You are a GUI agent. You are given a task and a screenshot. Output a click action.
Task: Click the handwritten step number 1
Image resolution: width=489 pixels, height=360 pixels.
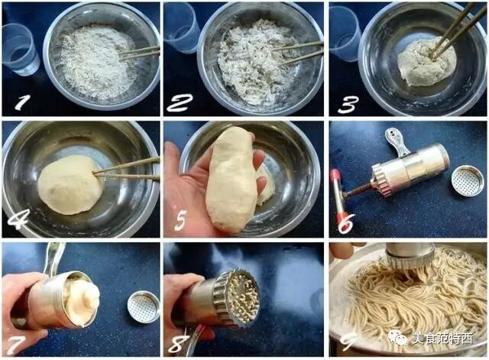tap(22, 102)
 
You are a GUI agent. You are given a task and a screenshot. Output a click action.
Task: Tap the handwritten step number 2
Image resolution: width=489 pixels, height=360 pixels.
tap(180, 102)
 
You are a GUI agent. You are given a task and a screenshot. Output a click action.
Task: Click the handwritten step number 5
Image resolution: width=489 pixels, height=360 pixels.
tap(180, 221)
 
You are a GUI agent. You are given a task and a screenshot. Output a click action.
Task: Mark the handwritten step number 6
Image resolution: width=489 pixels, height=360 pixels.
tap(347, 223)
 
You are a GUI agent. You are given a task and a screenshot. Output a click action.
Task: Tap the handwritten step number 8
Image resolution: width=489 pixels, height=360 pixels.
tap(180, 344)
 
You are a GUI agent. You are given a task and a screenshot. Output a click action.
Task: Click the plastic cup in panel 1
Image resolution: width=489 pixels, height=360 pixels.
tap(21, 49)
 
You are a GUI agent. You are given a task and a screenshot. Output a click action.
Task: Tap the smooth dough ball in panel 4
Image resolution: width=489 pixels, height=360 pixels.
tap(70, 185)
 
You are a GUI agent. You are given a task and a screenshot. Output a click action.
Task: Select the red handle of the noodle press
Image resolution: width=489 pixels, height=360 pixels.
tap(338, 195)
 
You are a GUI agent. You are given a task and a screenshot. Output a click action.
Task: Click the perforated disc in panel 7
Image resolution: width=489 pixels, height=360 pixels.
tap(144, 306)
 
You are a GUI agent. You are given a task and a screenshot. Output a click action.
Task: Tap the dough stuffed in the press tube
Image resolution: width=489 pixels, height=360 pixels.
tap(82, 300)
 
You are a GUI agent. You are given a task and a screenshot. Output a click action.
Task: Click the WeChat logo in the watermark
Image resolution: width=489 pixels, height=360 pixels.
tap(397, 338)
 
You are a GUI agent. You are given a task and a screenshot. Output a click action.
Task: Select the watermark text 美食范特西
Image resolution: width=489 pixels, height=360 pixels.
tap(442, 339)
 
